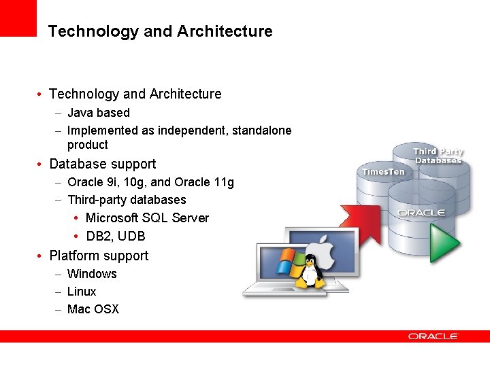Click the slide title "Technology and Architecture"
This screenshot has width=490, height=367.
pyautogui.click(x=160, y=31)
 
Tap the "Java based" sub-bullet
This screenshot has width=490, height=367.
pyautogui.click(x=98, y=113)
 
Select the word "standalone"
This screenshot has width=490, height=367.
pyautogui.click(x=261, y=130)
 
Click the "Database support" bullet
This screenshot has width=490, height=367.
pyautogui.click(x=102, y=164)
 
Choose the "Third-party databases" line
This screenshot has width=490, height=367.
pyautogui.click(x=127, y=200)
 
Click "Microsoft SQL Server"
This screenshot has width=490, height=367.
pyautogui.click(x=147, y=218)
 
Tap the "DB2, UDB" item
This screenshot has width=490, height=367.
pyautogui.click(x=115, y=237)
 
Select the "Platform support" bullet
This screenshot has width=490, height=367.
pyautogui.click(x=99, y=256)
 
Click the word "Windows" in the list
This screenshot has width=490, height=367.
pyautogui.click(x=92, y=274)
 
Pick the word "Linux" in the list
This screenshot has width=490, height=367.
pyautogui.click(x=82, y=292)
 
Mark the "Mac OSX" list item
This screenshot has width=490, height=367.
pyautogui.click(x=93, y=309)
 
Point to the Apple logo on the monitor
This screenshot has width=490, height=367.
pyautogui.click(x=323, y=247)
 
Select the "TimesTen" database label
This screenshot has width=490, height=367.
pyautogui.click(x=383, y=172)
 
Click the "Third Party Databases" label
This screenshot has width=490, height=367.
pyautogui.click(x=438, y=156)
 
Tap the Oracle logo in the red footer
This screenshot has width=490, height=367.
pyautogui.click(x=434, y=336)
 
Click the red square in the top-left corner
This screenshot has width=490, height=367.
pyautogui.click(x=18, y=18)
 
